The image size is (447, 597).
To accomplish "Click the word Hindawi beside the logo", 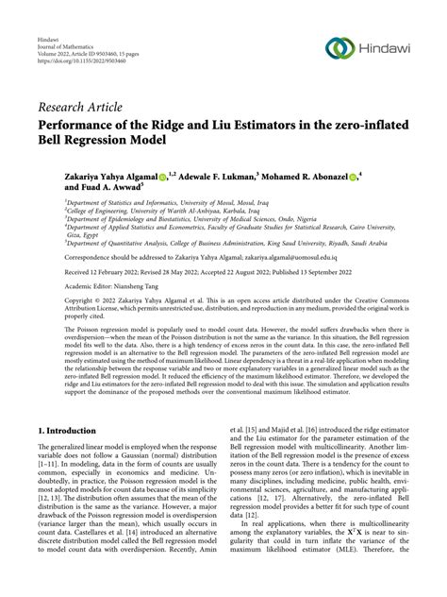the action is pyautogui.click(x=385, y=49).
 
